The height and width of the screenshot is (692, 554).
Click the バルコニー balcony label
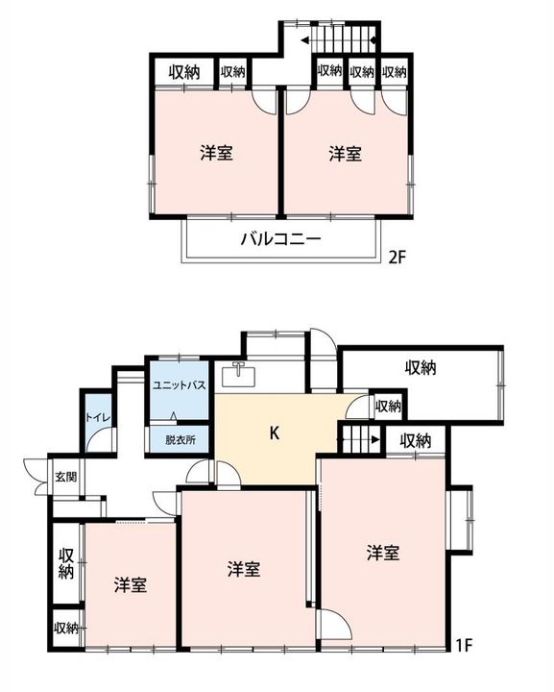280,239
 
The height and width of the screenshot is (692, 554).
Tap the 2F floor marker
397,257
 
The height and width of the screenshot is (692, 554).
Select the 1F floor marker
464,646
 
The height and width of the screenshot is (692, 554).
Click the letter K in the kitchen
275,433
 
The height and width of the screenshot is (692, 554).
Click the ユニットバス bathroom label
179,384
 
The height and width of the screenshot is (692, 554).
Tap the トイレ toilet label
98,417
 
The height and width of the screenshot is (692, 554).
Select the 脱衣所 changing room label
181,440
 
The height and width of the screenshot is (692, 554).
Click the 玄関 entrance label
66,477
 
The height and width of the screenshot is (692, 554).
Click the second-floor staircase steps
342,39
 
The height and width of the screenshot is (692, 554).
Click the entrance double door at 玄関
37,476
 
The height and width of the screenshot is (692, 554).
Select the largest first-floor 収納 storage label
421,367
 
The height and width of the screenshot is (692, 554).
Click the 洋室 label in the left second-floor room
216,153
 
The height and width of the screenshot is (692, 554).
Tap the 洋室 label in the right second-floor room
345,154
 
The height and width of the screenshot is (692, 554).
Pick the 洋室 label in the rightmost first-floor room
383,553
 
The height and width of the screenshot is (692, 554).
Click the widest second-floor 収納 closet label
184,72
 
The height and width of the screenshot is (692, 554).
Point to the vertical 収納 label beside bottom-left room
66,563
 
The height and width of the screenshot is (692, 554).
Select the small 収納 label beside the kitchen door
388,406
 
